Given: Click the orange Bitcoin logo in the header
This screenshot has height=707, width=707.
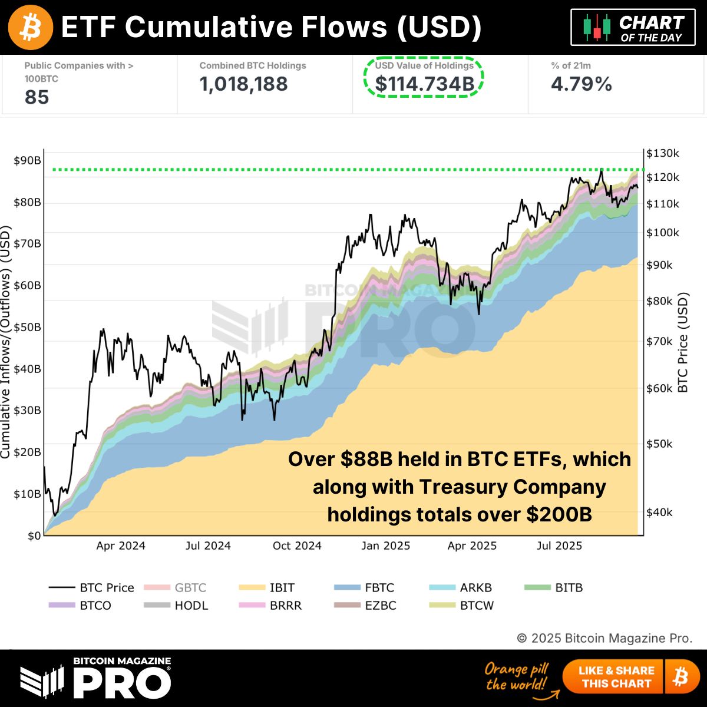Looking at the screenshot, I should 31,27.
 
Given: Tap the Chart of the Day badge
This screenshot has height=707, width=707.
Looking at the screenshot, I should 633,28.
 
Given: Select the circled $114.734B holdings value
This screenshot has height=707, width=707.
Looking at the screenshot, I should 424,84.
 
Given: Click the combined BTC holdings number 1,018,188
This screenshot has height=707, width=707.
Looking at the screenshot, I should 243,84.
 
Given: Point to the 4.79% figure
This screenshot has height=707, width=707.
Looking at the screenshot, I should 581,84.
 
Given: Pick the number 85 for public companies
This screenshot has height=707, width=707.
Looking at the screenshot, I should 37,97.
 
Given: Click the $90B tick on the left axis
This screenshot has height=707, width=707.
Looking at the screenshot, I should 27,161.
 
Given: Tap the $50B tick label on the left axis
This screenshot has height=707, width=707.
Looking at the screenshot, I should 27,328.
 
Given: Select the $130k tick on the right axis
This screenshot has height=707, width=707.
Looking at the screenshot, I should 662,153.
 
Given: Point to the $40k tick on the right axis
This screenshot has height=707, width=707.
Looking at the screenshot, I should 659,513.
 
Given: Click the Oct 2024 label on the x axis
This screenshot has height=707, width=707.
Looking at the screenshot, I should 297,546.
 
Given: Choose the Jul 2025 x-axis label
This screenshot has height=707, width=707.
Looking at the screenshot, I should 559,546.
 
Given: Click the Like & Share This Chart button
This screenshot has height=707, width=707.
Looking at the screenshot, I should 616,677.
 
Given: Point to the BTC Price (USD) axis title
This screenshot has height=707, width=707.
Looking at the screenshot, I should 683,342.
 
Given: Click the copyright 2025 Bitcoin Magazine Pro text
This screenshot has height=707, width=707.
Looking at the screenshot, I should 604,638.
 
